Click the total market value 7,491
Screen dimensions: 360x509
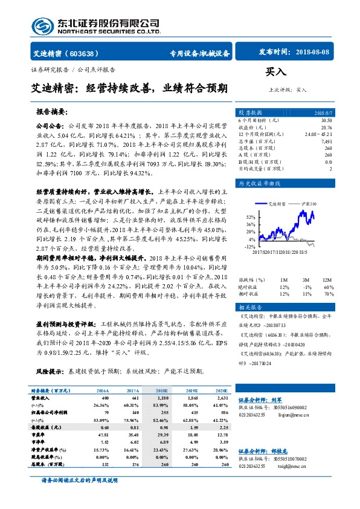pyautogui.click(x=326, y=141)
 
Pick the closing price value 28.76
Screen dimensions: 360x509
pyautogui.click(x=326, y=128)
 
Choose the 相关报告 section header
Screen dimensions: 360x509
pyautogui.click(x=249, y=308)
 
